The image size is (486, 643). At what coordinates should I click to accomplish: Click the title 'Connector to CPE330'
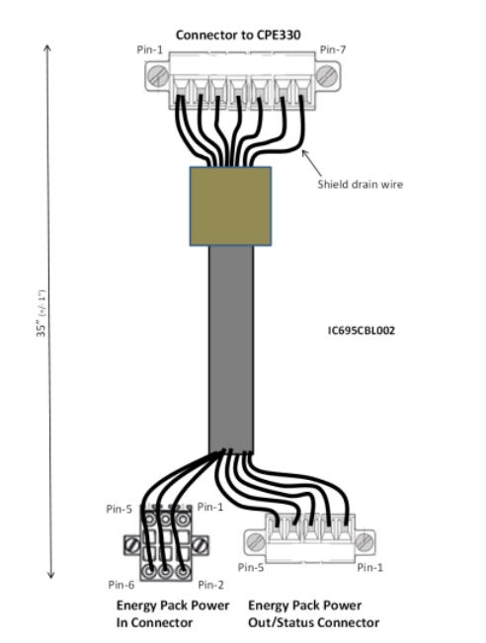tap(238, 35)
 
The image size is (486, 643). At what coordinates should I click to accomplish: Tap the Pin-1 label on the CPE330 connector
tap(150, 50)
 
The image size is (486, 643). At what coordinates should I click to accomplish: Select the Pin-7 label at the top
tap(333, 50)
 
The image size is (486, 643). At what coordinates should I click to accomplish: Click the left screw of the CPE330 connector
tap(157, 75)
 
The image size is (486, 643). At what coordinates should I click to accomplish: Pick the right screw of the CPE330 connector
tap(327, 75)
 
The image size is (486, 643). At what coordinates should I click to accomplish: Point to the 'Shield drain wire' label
tap(361, 184)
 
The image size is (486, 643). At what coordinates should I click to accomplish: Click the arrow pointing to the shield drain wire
tap(311, 163)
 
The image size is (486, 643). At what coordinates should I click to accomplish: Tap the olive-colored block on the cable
tap(230, 205)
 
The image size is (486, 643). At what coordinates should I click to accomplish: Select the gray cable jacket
tap(231, 349)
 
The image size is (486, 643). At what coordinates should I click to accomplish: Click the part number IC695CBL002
tap(362, 331)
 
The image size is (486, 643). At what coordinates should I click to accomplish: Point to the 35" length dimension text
tap(41, 313)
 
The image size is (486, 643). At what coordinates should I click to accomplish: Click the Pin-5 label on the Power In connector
tap(119, 509)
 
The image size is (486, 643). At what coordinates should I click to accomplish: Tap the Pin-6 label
tap(121, 585)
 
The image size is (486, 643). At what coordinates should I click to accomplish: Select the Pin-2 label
tap(210, 585)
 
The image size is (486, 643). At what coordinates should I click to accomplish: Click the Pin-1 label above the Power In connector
tap(210, 507)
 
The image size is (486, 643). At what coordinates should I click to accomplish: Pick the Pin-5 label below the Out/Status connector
tap(251, 567)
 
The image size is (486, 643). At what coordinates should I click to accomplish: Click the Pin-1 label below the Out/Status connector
tap(370, 567)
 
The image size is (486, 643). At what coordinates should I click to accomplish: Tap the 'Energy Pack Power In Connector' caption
tap(173, 614)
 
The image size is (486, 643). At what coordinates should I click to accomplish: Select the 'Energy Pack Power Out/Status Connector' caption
tap(314, 614)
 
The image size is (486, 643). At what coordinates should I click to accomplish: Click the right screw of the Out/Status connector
tap(364, 542)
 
